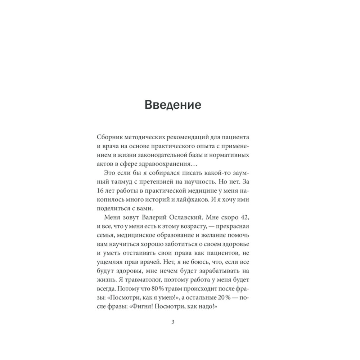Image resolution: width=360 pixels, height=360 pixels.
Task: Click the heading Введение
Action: click(172, 105)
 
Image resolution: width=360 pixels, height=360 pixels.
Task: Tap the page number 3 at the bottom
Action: click(173, 322)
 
